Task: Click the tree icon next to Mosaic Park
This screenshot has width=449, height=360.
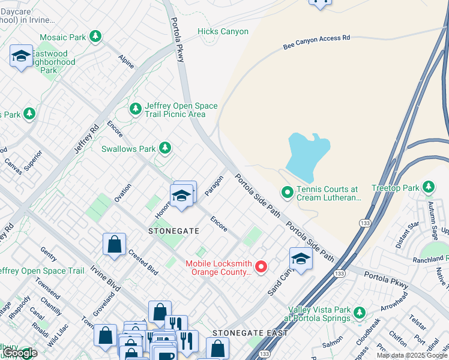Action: point(95,37)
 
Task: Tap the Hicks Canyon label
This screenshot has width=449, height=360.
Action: point(223,31)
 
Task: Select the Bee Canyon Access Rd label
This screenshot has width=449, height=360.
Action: point(316,42)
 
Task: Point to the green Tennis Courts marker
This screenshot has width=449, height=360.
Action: point(288,193)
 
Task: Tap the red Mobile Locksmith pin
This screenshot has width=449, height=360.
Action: point(261,267)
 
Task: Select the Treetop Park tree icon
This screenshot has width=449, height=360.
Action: point(429,188)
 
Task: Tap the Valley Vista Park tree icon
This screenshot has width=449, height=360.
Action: point(360,313)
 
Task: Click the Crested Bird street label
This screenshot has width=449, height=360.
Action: point(143,262)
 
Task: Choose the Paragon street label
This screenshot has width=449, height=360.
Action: point(214,185)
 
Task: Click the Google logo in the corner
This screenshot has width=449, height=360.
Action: point(20,353)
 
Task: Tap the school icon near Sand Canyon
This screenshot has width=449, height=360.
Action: point(301,258)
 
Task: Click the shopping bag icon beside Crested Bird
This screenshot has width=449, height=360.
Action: point(114,244)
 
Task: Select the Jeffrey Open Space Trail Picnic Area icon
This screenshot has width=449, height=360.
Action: point(136,109)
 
